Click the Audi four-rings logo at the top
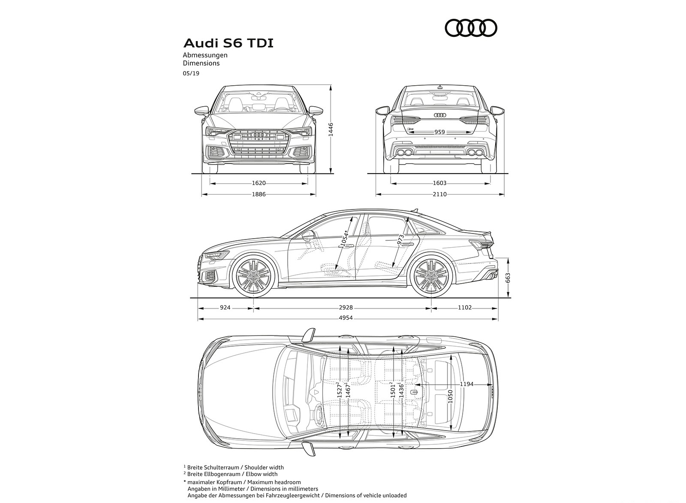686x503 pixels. coord(471,28)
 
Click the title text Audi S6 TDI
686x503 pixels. coord(228,43)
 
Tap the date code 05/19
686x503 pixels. coord(191,73)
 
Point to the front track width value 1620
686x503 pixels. coord(259,183)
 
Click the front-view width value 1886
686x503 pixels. coord(259,194)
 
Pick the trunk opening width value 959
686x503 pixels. coord(439,132)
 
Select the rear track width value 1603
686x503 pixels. coord(439,183)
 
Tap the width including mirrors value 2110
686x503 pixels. coord(439,194)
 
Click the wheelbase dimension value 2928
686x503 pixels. coord(345,307)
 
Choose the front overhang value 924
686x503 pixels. coord(225,307)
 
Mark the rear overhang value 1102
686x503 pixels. coord(464,307)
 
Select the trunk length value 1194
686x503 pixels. coord(466,384)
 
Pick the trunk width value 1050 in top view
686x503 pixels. coord(450,395)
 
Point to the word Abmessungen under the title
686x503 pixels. coord(205,55)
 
